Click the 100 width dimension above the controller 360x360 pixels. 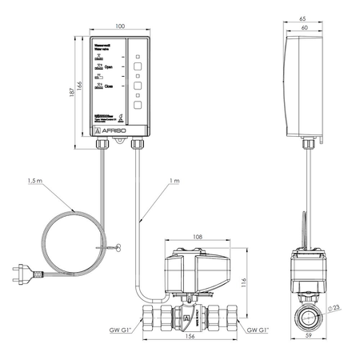[x=120, y=26]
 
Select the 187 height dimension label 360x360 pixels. [x=71, y=92]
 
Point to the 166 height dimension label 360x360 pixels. [x=80, y=86]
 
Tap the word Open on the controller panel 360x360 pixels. [x=110, y=69]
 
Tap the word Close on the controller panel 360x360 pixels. [x=110, y=86]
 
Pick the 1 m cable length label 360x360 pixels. [x=174, y=182]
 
